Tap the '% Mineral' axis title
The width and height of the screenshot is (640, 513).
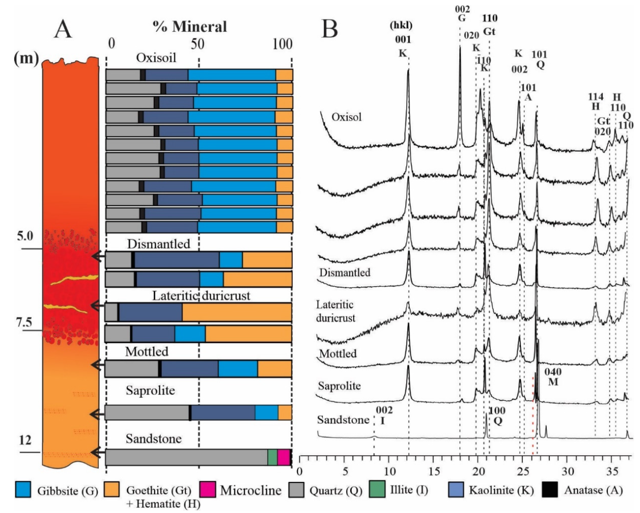(190, 27)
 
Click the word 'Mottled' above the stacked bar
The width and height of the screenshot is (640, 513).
(147, 352)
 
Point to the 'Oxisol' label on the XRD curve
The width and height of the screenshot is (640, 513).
(346, 117)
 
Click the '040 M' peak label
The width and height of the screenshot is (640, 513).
(553, 377)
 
